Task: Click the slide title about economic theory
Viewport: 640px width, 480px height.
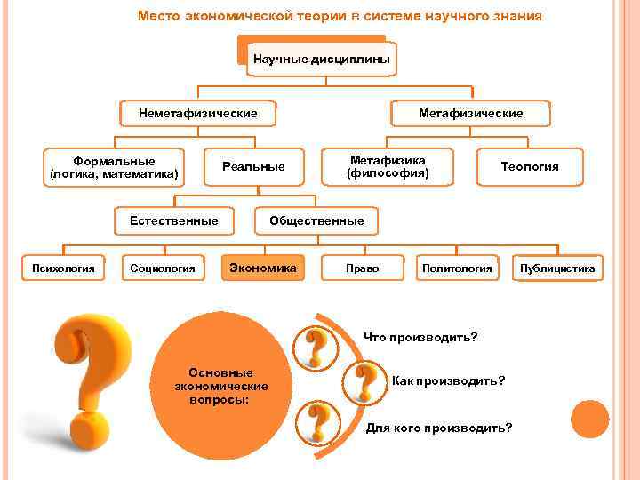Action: [340, 17]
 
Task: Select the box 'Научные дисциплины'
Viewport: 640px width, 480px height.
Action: [321, 60]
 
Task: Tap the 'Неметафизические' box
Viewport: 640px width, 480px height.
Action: [198, 113]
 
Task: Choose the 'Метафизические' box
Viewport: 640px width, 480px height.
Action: [471, 113]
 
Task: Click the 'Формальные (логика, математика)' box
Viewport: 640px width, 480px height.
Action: [114, 166]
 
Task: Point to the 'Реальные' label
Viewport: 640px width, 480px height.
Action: [253, 166]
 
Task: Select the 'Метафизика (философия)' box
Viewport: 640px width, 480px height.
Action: [388, 166]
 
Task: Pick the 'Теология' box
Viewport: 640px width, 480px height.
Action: [530, 166]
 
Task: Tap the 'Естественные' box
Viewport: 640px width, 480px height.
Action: [174, 220]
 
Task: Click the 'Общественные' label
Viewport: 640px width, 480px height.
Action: [316, 220]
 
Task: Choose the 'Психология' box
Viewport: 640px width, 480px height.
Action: [64, 268]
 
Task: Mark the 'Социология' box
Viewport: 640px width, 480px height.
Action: [163, 268]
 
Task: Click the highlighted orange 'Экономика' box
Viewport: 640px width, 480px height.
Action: [263, 267]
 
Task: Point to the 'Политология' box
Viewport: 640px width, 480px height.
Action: [457, 268]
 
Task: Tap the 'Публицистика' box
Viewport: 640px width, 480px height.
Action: [558, 268]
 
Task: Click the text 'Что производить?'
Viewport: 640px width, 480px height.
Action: [420, 338]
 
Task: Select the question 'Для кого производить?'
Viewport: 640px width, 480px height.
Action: [439, 428]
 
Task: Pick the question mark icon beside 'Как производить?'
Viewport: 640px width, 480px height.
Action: [364, 382]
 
